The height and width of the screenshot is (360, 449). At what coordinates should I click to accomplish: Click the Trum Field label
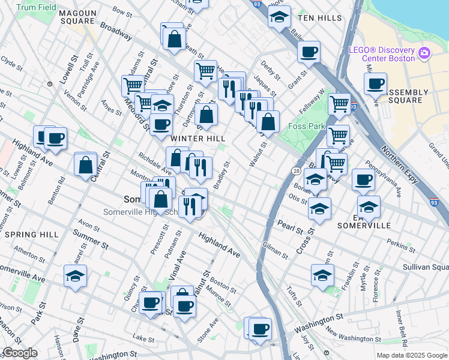(36, 8)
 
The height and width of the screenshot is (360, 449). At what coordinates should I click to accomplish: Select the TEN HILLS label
(319, 19)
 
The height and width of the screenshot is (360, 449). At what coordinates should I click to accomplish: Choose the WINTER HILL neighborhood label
(198, 139)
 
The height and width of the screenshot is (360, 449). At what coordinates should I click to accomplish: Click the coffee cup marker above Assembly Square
(375, 83)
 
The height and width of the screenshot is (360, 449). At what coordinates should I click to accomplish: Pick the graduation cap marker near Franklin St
(323, 275)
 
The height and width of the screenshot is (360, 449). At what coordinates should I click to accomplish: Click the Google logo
(20, 353)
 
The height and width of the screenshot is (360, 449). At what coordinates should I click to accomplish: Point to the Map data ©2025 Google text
(412, 355)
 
